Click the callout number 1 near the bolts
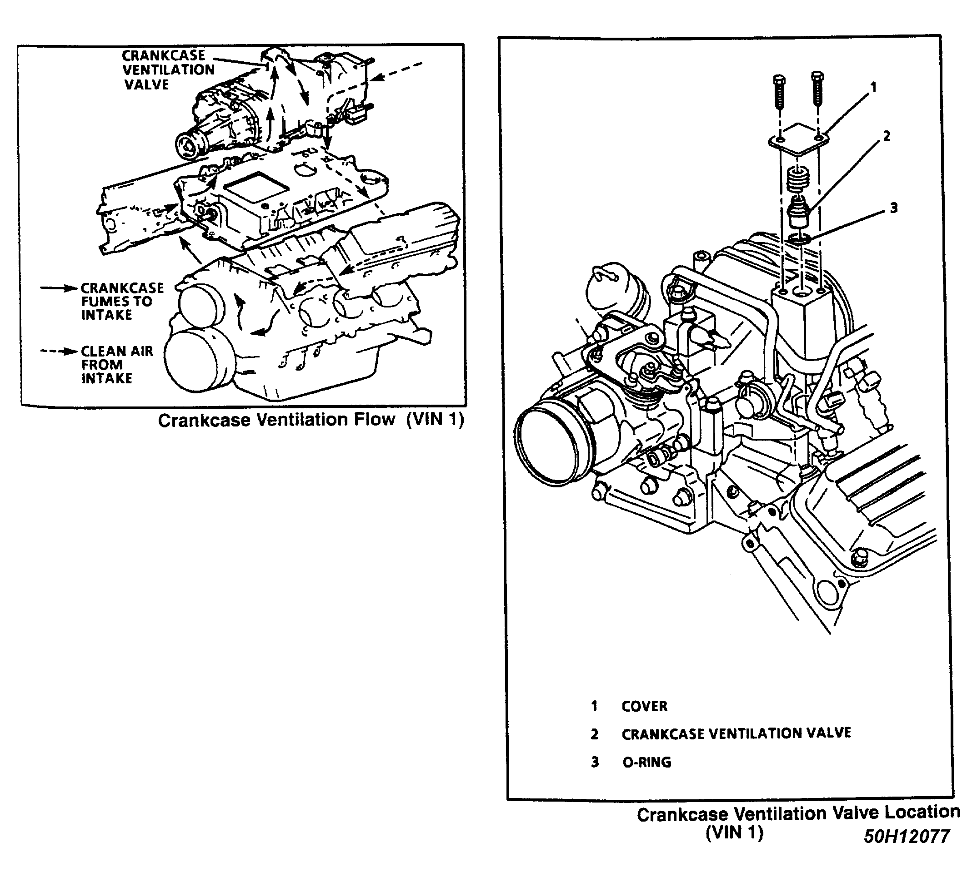(873, 88)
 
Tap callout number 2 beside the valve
(887, 136)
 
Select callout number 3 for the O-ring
(893, 208)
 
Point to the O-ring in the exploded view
(799, 238)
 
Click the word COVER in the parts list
(644, 706)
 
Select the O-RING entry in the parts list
(646, 762)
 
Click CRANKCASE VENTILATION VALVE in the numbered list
(736, 734)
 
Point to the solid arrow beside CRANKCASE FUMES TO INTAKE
(58, 288)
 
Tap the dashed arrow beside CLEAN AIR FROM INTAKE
(58, 351)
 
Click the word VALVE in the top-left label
(146, 85)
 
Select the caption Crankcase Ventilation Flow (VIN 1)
(311, 420)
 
